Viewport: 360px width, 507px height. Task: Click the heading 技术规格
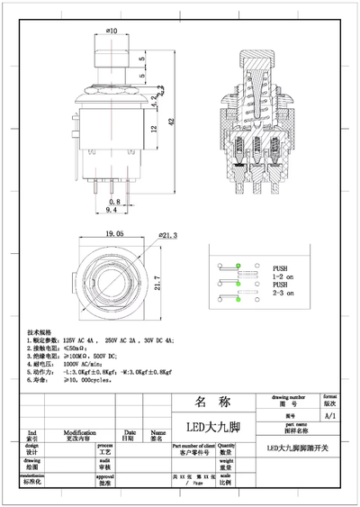40,331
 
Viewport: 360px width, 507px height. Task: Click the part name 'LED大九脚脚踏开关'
299,448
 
